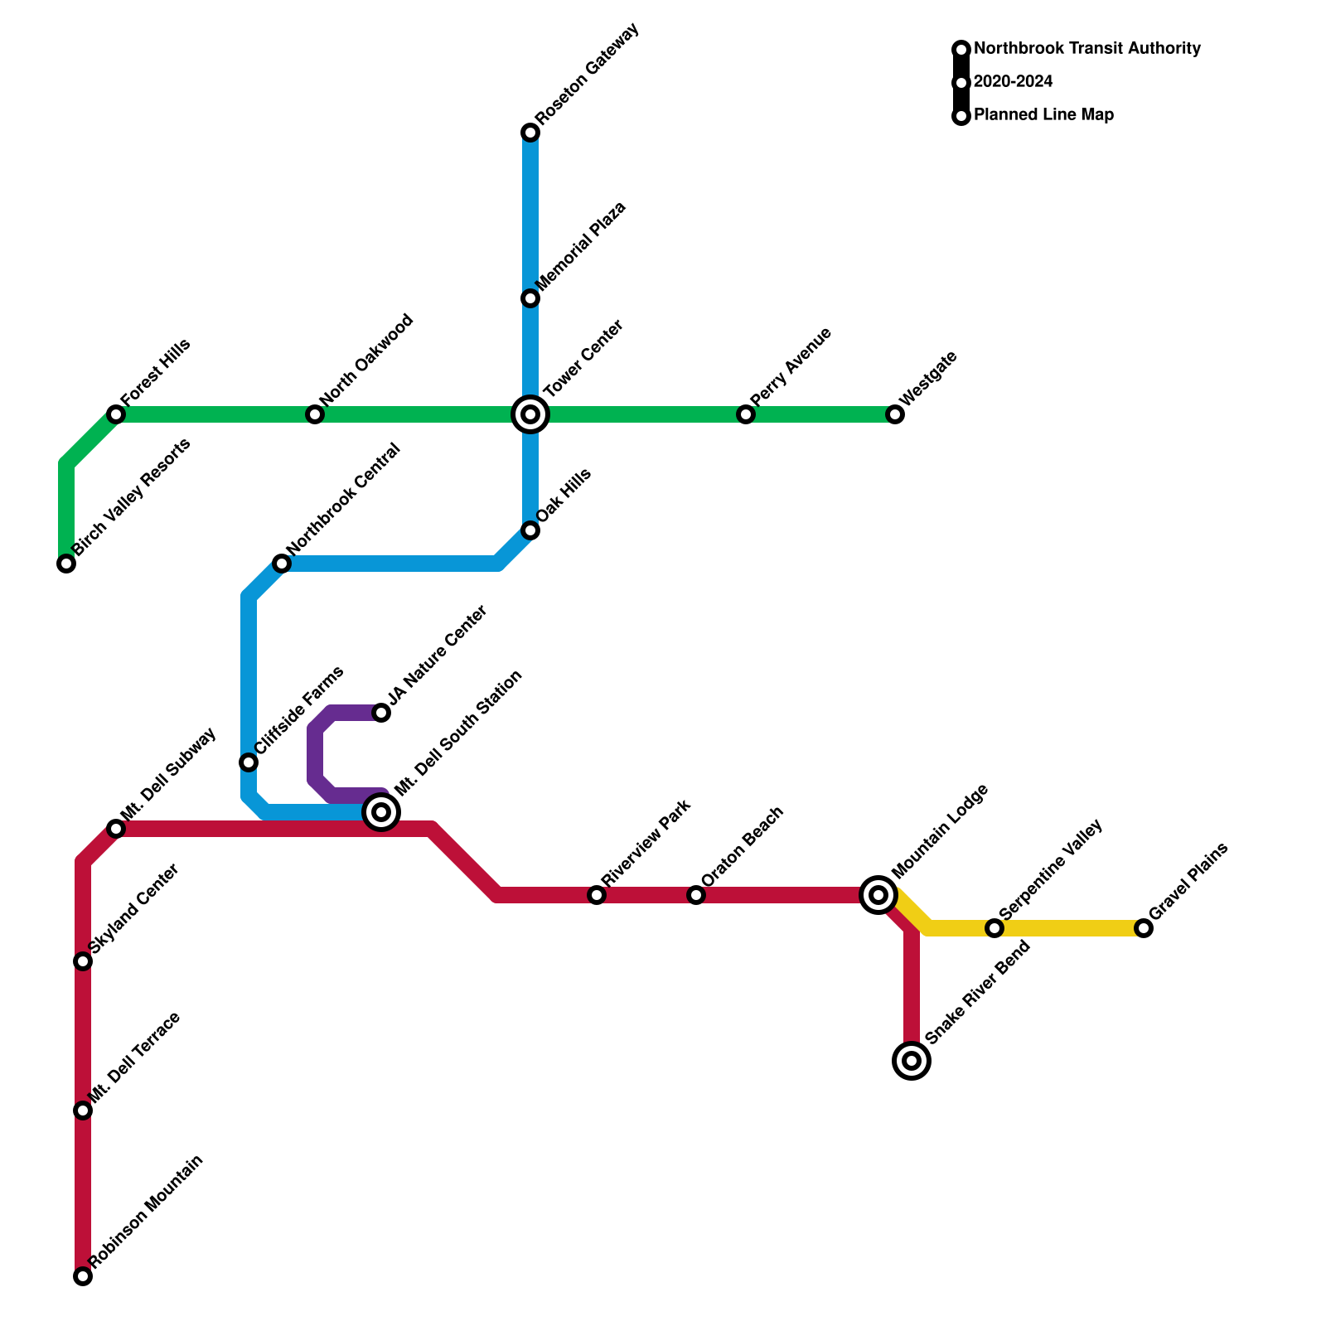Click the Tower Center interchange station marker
pyautogui.click(x=530, y=414)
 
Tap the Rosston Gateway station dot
pyautogui.click(x=530, y=133)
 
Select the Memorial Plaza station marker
pyautogui.click(x=530, y=298)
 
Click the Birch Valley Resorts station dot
pyautogui.click(x=66, y=564)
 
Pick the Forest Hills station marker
pyautogui.click(x=116, y=414)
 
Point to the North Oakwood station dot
pyautogui.click(x=315, y=414)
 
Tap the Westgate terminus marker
pyautogui.click(x=895, y=414)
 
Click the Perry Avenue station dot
pyautogui.click(x=746, y=414)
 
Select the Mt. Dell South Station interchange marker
pyautogui.click(x=381, y=812)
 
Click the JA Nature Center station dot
pyautogui.click(x=381, y=713)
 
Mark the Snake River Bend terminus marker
pyautogui.click(x=912, y=1061)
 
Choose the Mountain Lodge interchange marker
pyautogui.click(x=878, y=895)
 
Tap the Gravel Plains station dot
pyautogui.click(x=1144, y=928)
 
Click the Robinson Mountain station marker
pyautogui.click(x=83, y=1276)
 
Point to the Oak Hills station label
pyautogui.click(x=564, y=496)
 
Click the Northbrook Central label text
pyautogui.click(x=343, y=501)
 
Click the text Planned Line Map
pyautogui.click(x=1043, y=115)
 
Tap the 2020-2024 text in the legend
pyautogui.click(x=1013, y=82)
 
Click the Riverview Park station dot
pyautogui.click(x=597, y=895)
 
